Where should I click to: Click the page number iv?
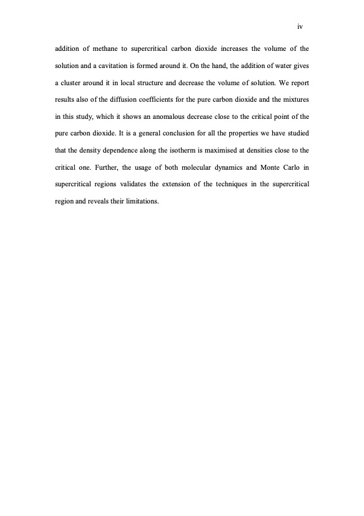[x=300, y=26]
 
